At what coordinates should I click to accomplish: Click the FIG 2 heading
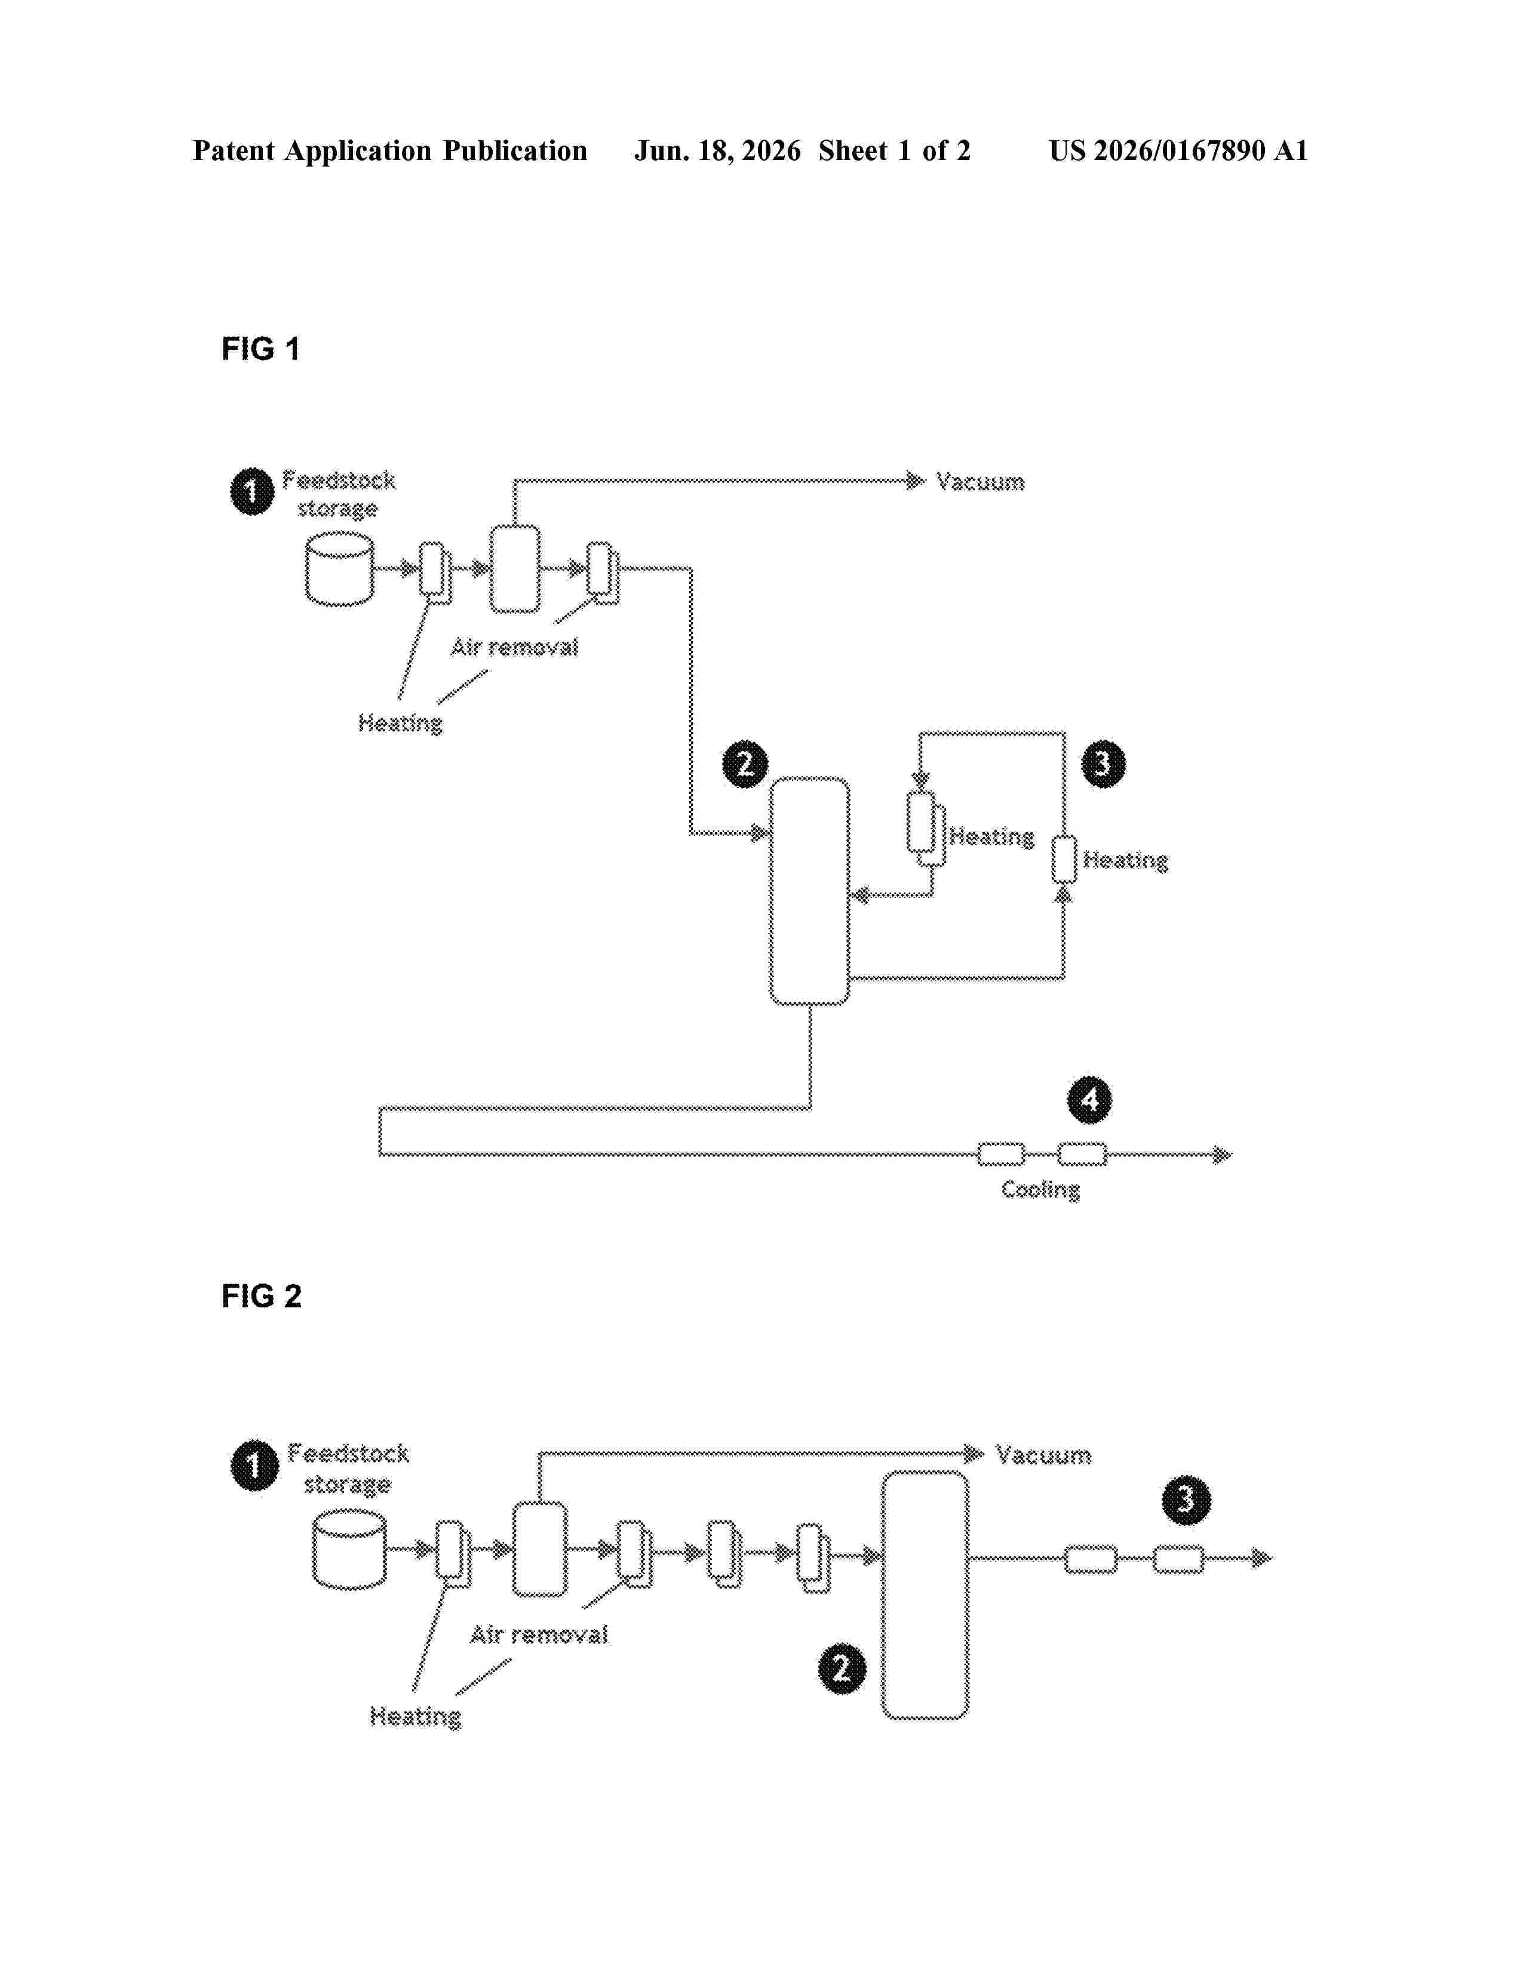coord(261,1296)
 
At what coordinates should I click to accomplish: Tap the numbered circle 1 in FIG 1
coord(251,491)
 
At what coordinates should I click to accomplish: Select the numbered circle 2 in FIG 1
coord(745,765)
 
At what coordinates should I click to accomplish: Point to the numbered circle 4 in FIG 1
coord(1090,1100)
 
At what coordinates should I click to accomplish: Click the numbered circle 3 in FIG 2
coord(1186,1500)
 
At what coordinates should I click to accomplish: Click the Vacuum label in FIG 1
coord(981,482)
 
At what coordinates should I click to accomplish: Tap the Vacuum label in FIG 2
coord(1043,1455)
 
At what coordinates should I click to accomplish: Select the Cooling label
coord(1040,1190)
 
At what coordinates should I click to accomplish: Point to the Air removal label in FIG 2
coord(539,1635)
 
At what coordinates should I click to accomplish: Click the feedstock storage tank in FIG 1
coord(339,569)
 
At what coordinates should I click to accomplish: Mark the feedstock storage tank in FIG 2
coord(349,1550)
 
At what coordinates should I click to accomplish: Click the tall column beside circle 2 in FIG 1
coord(809,890)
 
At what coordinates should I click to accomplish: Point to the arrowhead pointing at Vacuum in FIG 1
coord(916,481)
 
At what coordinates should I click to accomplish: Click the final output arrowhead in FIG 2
coord(1262,1557)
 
